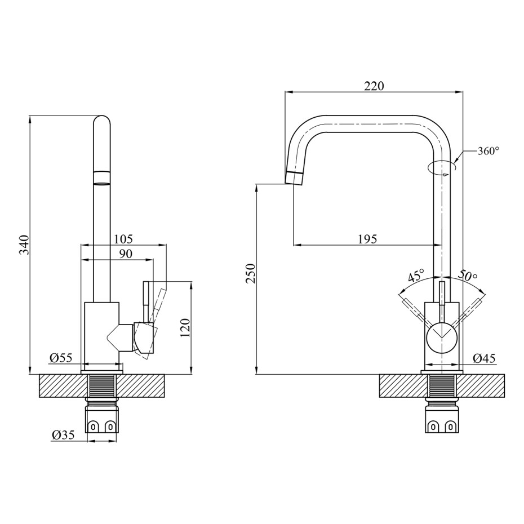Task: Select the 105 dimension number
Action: click(123, 239)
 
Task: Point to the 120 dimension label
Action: click(185, 327)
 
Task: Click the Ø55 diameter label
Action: click(61, 358)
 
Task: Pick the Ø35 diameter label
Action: click(63, 435)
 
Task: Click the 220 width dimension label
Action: click(374, 86)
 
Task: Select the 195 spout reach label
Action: click(367, 239)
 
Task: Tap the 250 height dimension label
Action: click(251, 273)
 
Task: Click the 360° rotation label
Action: click(489, 151)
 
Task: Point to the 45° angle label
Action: click(416, 276)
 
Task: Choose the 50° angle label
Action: click(468, 275)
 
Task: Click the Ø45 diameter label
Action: click(484, 358)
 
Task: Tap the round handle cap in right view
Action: click(442, 338)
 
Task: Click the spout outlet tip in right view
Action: click(294, 178)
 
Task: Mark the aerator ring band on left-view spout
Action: click(101, 177)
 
